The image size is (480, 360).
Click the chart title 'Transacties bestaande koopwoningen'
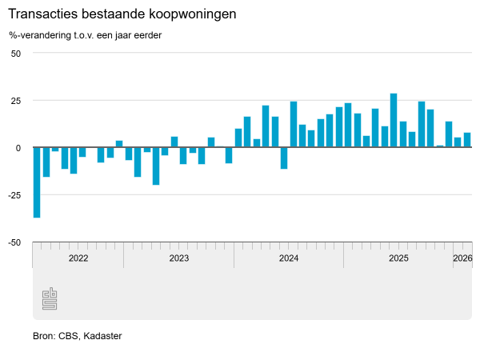coord(122,15)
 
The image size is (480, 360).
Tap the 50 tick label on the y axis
coord(15,53)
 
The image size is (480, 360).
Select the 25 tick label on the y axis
coord(15,100)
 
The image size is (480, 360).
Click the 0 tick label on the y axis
coord(18,147)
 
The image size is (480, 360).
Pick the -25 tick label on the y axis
coord(14,194)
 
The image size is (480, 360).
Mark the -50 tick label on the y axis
coord(14,242)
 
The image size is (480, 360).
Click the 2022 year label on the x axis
coord(78,258)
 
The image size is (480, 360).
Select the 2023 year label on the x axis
coord(178,258)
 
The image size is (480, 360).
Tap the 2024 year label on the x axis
coord(289,258)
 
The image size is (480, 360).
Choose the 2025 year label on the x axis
coord(398,258)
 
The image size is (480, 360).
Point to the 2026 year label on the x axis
coord(462,258)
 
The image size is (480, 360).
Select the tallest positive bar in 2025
coord(394,120)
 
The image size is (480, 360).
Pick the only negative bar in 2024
coord(284,158)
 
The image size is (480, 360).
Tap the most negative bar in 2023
coord(156,166)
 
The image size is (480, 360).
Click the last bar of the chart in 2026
coord(467,140)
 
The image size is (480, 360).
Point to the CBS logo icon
coord(50,298)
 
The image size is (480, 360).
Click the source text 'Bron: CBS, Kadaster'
coord(78,336)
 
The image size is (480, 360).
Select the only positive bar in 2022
coord(119,144)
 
